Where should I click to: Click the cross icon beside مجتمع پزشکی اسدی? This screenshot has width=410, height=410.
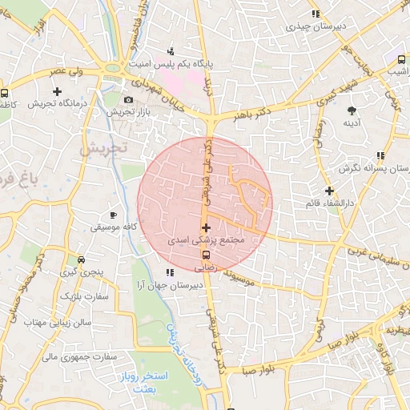click(207, 228)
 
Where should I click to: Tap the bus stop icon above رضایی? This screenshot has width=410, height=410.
click(207, 257)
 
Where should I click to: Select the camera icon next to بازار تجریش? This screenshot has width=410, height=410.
click(129, 100)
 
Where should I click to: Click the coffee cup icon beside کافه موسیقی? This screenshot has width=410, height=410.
click(113, 215)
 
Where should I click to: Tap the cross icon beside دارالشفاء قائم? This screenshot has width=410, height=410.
click(329, 191)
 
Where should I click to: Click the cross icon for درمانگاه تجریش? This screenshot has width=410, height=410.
click(56, 92)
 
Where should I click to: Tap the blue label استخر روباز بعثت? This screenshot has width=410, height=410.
click(145, 380)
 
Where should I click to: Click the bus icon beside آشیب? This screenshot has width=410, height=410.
click(401, 59)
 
